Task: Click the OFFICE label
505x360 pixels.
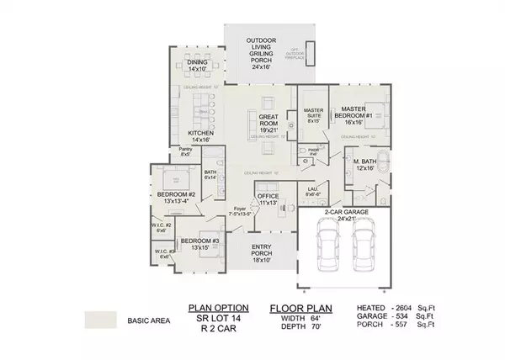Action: pos(268,199)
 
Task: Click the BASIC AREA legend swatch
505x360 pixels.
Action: pos(101,320)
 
